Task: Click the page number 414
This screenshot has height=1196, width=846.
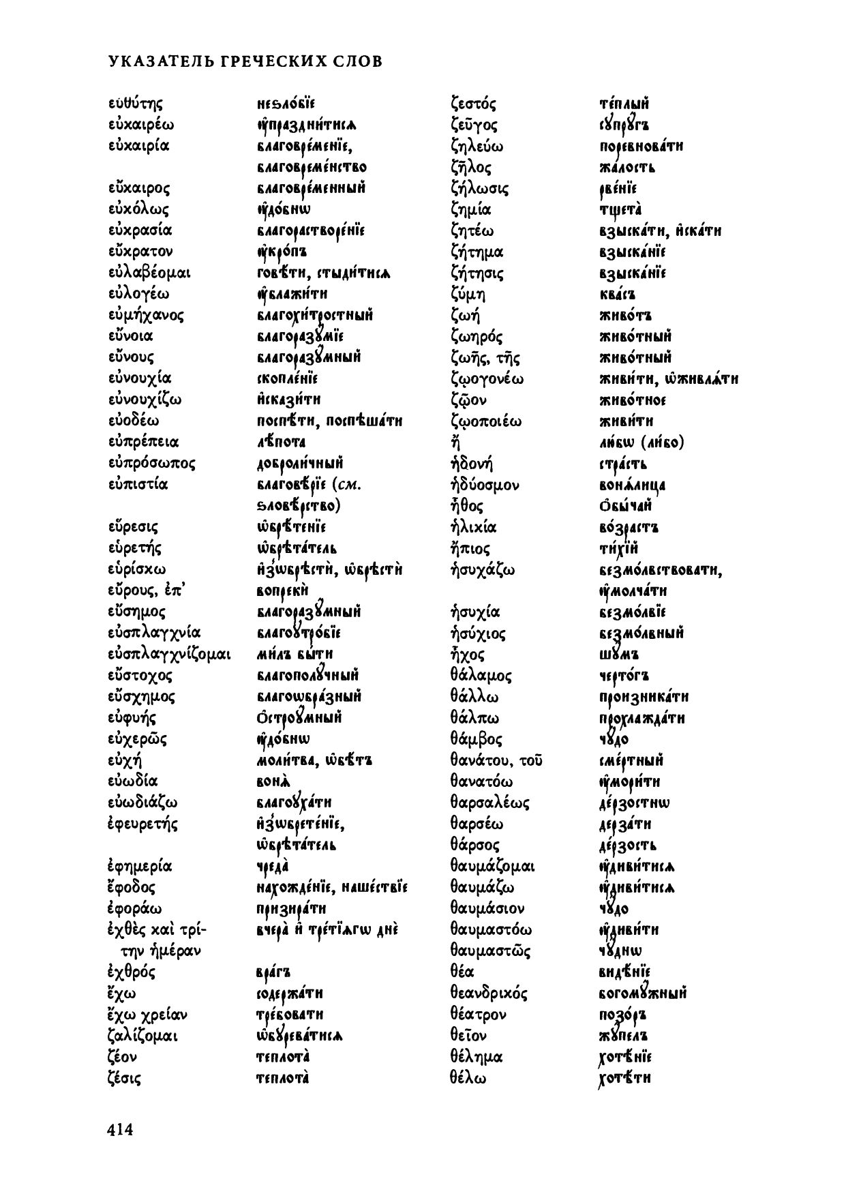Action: [x=119, y=1131]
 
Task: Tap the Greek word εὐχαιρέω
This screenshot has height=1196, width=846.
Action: [x=141, y=125]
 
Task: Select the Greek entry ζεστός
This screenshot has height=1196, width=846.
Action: [x=473, y=104]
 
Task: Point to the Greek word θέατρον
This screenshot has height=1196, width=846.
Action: [x=478, y=1015]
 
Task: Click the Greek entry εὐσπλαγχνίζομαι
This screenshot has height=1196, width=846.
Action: [x=170, y=655]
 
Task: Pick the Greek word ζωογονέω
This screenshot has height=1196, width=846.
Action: [x=487, y=378]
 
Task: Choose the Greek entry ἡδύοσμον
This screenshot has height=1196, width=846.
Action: [x=485, y=485]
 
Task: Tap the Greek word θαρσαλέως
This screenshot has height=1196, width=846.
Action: [x=489, y=803]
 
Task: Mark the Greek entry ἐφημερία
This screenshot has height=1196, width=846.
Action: [x=140, y=867]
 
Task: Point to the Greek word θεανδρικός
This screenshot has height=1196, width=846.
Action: [x=489, y=993]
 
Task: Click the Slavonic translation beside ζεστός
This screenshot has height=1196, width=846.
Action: [x=624, y=104]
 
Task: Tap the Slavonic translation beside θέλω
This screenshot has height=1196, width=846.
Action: [x=624, y=1078]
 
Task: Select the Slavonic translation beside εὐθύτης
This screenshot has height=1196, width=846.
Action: [x=285, y=104]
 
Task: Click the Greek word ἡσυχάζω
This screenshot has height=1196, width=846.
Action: [x=482, y=569]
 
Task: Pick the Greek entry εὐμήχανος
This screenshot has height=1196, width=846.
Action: [x=146, y=315]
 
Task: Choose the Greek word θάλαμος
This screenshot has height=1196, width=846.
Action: [x=481, y=676]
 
